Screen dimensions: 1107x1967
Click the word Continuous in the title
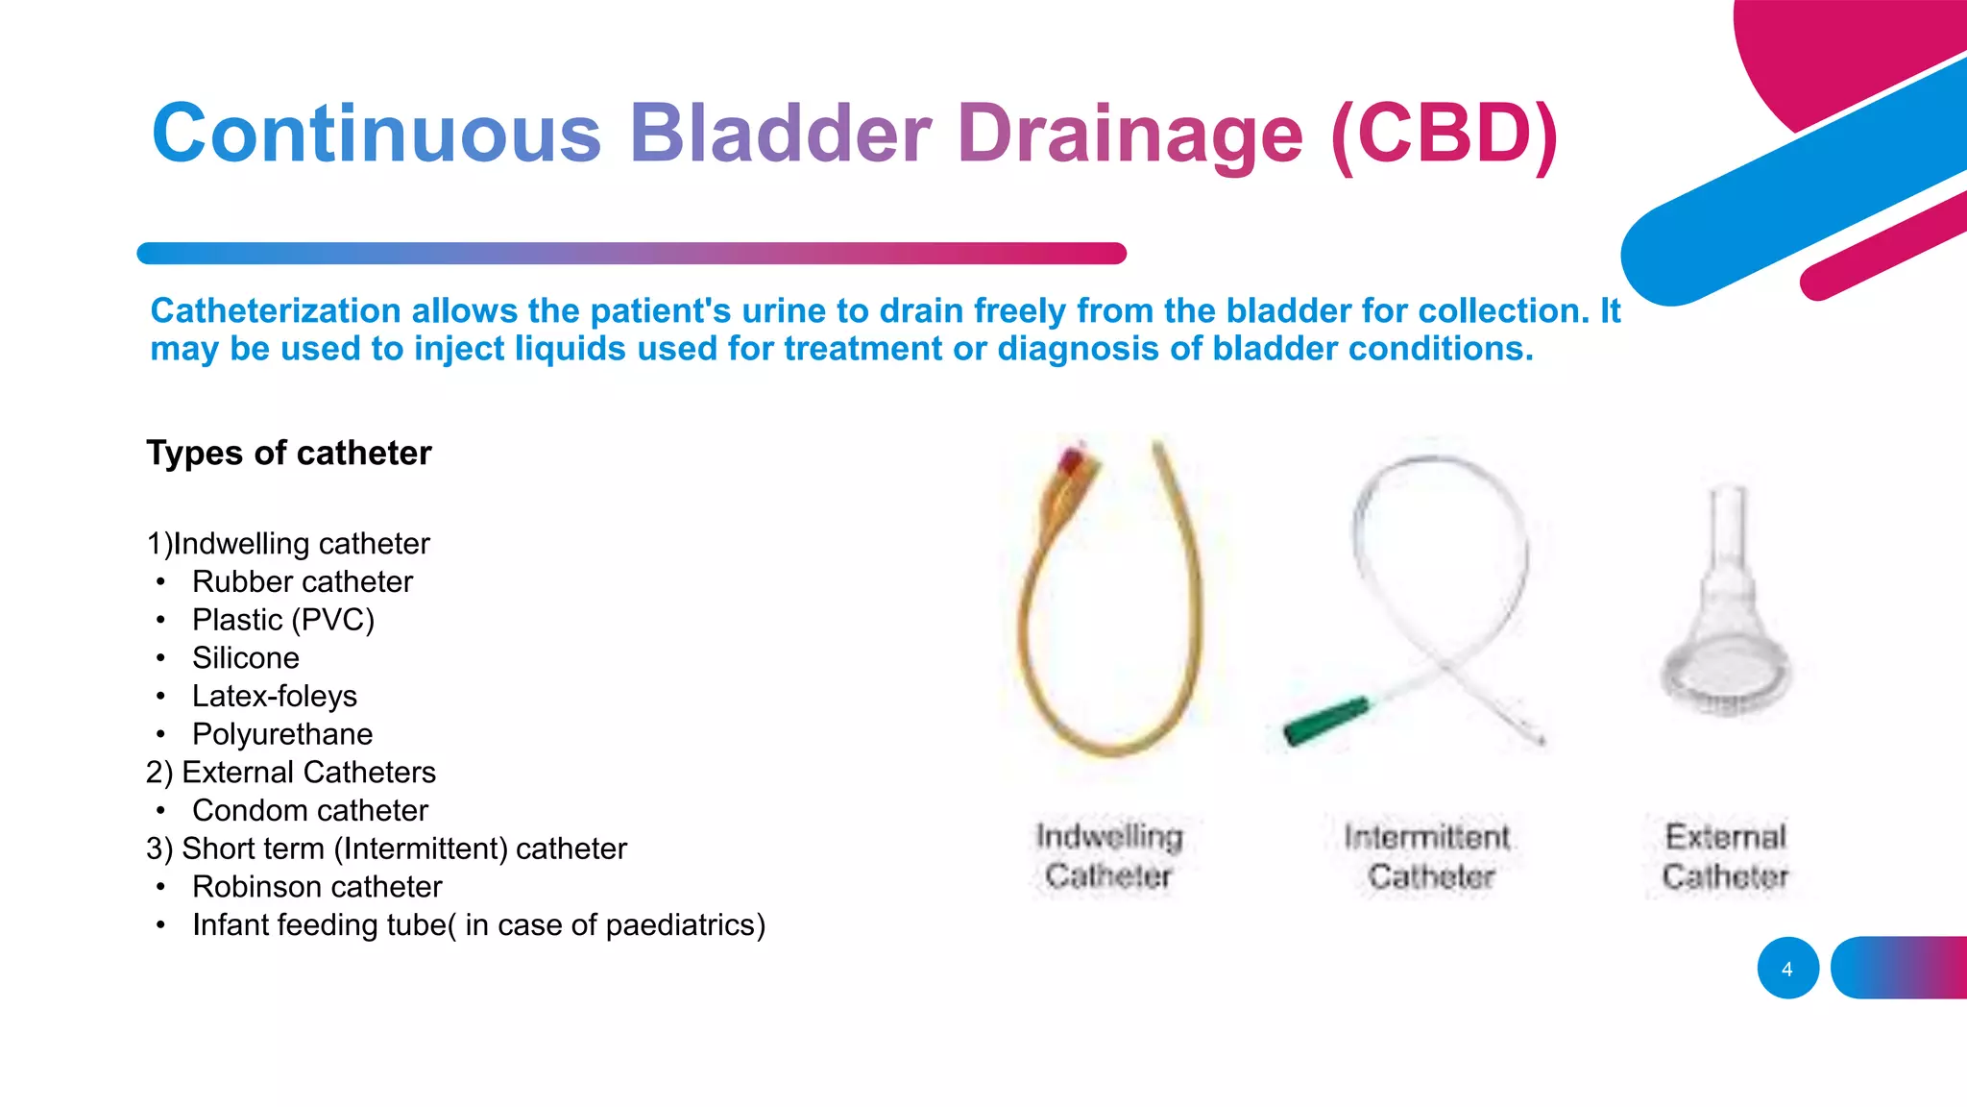coord(376,134)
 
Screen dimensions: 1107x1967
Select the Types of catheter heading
coord(288,453)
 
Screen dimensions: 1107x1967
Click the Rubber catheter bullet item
coord(302,581)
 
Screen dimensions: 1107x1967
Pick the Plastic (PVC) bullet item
coord(282,620)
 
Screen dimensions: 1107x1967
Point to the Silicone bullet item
coord(246,658)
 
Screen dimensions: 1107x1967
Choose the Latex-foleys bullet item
coord(275,696)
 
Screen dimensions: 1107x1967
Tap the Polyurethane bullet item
coord(282,734)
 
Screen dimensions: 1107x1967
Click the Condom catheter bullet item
coord(309,810)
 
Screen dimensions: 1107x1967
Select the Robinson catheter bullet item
coord(317,887)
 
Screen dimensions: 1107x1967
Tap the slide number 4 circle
coord(1787,969)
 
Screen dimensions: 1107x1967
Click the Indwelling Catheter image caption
coord(1108,856)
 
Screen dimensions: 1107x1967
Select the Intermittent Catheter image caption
coord(1428,856)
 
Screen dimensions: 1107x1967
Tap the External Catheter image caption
coord(1725,856)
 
